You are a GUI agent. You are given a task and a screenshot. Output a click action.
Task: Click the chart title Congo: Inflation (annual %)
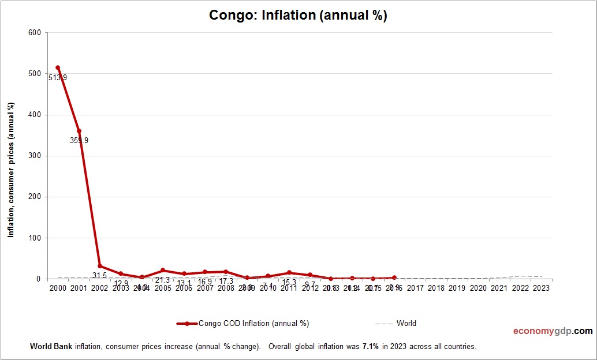point(298,16)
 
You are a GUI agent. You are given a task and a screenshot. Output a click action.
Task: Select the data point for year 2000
point(58,67)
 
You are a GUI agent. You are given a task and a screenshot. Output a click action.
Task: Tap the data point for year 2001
point(79,131)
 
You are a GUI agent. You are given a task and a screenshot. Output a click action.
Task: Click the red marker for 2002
point(100,266)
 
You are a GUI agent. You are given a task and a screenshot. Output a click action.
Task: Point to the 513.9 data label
point(58,78)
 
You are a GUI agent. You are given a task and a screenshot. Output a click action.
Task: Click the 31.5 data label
point(100,275)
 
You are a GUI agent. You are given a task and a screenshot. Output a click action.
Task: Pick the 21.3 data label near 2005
point(163,280)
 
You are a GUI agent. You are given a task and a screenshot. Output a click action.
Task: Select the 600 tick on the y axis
point(34,33)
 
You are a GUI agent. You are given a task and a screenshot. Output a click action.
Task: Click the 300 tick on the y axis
point(34,156)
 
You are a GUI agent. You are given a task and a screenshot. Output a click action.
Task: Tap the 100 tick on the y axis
point(34,238)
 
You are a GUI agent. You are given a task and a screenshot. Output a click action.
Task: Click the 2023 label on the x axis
point(542,287)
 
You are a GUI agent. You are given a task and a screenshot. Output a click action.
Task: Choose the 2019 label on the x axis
point(457,287)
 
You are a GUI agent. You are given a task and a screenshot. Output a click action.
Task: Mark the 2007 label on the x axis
point(205,287)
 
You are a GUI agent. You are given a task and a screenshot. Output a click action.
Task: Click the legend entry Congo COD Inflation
point(253,324)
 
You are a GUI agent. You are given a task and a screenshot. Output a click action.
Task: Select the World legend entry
point(406,324)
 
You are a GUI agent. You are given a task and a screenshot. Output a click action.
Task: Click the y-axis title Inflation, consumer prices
point(11,170)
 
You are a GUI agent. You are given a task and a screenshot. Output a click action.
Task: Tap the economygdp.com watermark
point(553,331)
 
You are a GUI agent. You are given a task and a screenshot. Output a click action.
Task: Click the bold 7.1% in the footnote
point(370,347)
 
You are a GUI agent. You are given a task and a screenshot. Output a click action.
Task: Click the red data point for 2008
point(226,272)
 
